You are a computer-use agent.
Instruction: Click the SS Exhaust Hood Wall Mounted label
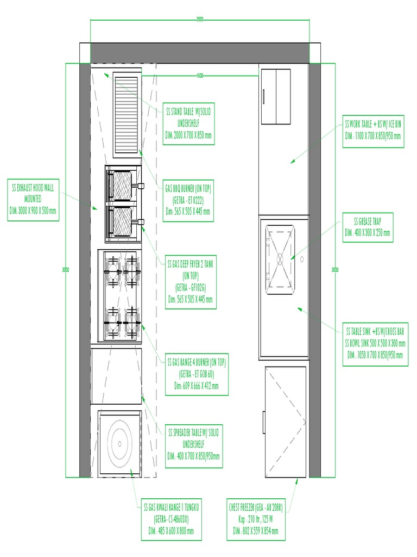point(34,200)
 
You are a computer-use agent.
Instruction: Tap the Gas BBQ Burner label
point(188,200)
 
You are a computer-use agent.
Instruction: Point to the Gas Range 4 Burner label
point(197,374)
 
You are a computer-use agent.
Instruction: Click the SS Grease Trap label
point(368,227)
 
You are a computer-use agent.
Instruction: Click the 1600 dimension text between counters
point(200,76)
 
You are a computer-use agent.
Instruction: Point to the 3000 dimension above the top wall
point(200,20)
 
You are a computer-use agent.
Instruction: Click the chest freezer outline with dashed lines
point(285,422)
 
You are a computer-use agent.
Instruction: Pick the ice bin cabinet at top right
point(276,96)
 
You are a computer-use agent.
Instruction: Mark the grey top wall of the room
point(200,53)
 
